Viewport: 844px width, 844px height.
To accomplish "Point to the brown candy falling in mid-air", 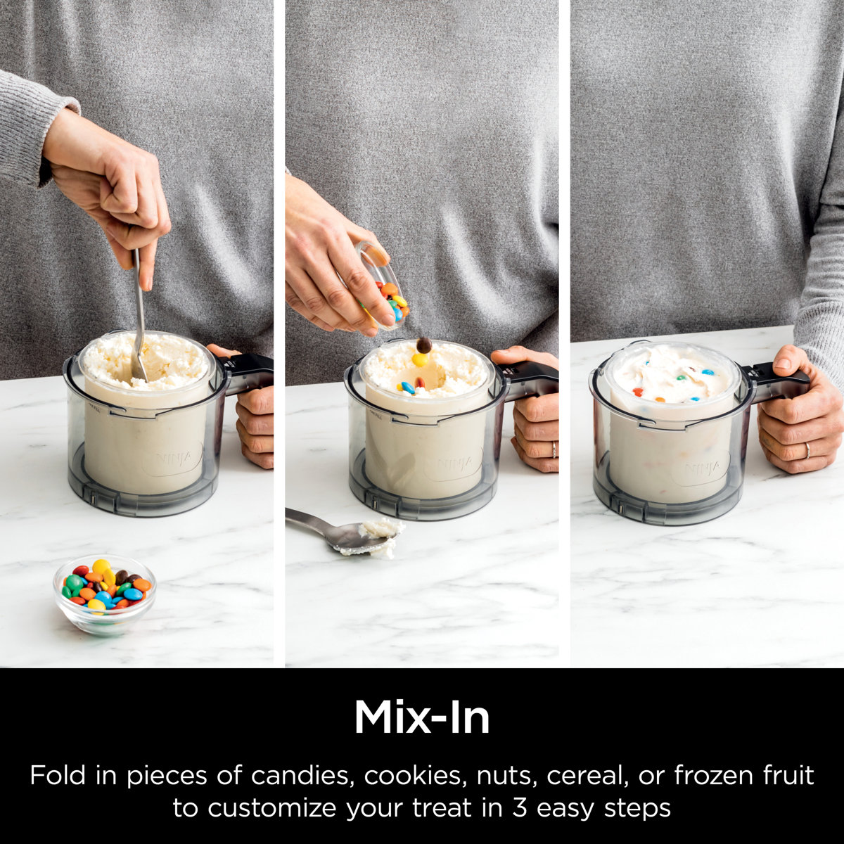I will pos(423,345).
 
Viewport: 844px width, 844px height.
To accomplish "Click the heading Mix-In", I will pos(421,718).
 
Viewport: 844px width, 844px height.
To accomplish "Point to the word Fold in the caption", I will pos(58,776).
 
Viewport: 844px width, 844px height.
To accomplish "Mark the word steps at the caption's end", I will pos(637,808).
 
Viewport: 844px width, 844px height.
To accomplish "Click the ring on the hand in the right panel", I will pos(807,450).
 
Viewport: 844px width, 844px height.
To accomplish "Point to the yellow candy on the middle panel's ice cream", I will pos(420,359).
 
